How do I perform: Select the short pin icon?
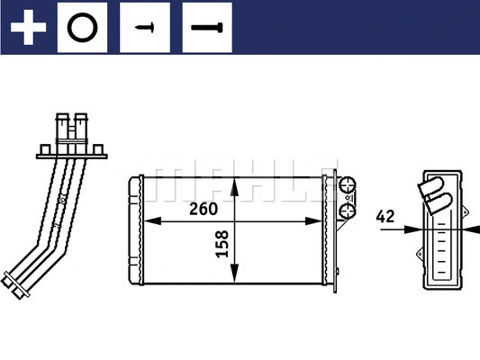coord(145,27)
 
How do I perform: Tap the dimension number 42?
coord(385,216)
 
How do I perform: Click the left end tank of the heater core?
coord(135,229)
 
